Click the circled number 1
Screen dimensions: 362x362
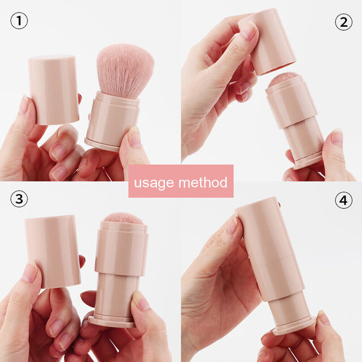pyautogui.click(x=19, y=21)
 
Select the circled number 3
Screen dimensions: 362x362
pyautogui.click(x=19, y=199)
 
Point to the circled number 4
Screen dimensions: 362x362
pyautogui.click(x=343, y=200)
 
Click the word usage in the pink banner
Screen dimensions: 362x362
pyautogui.click(x=154, y=182)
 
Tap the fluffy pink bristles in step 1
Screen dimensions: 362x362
pyautogui.click(x=124, y=70)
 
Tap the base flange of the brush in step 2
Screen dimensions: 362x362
pyautogui.click(x=308, y=161)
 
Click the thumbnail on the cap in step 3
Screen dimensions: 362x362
pyautogui.click(x=30, y=272)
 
